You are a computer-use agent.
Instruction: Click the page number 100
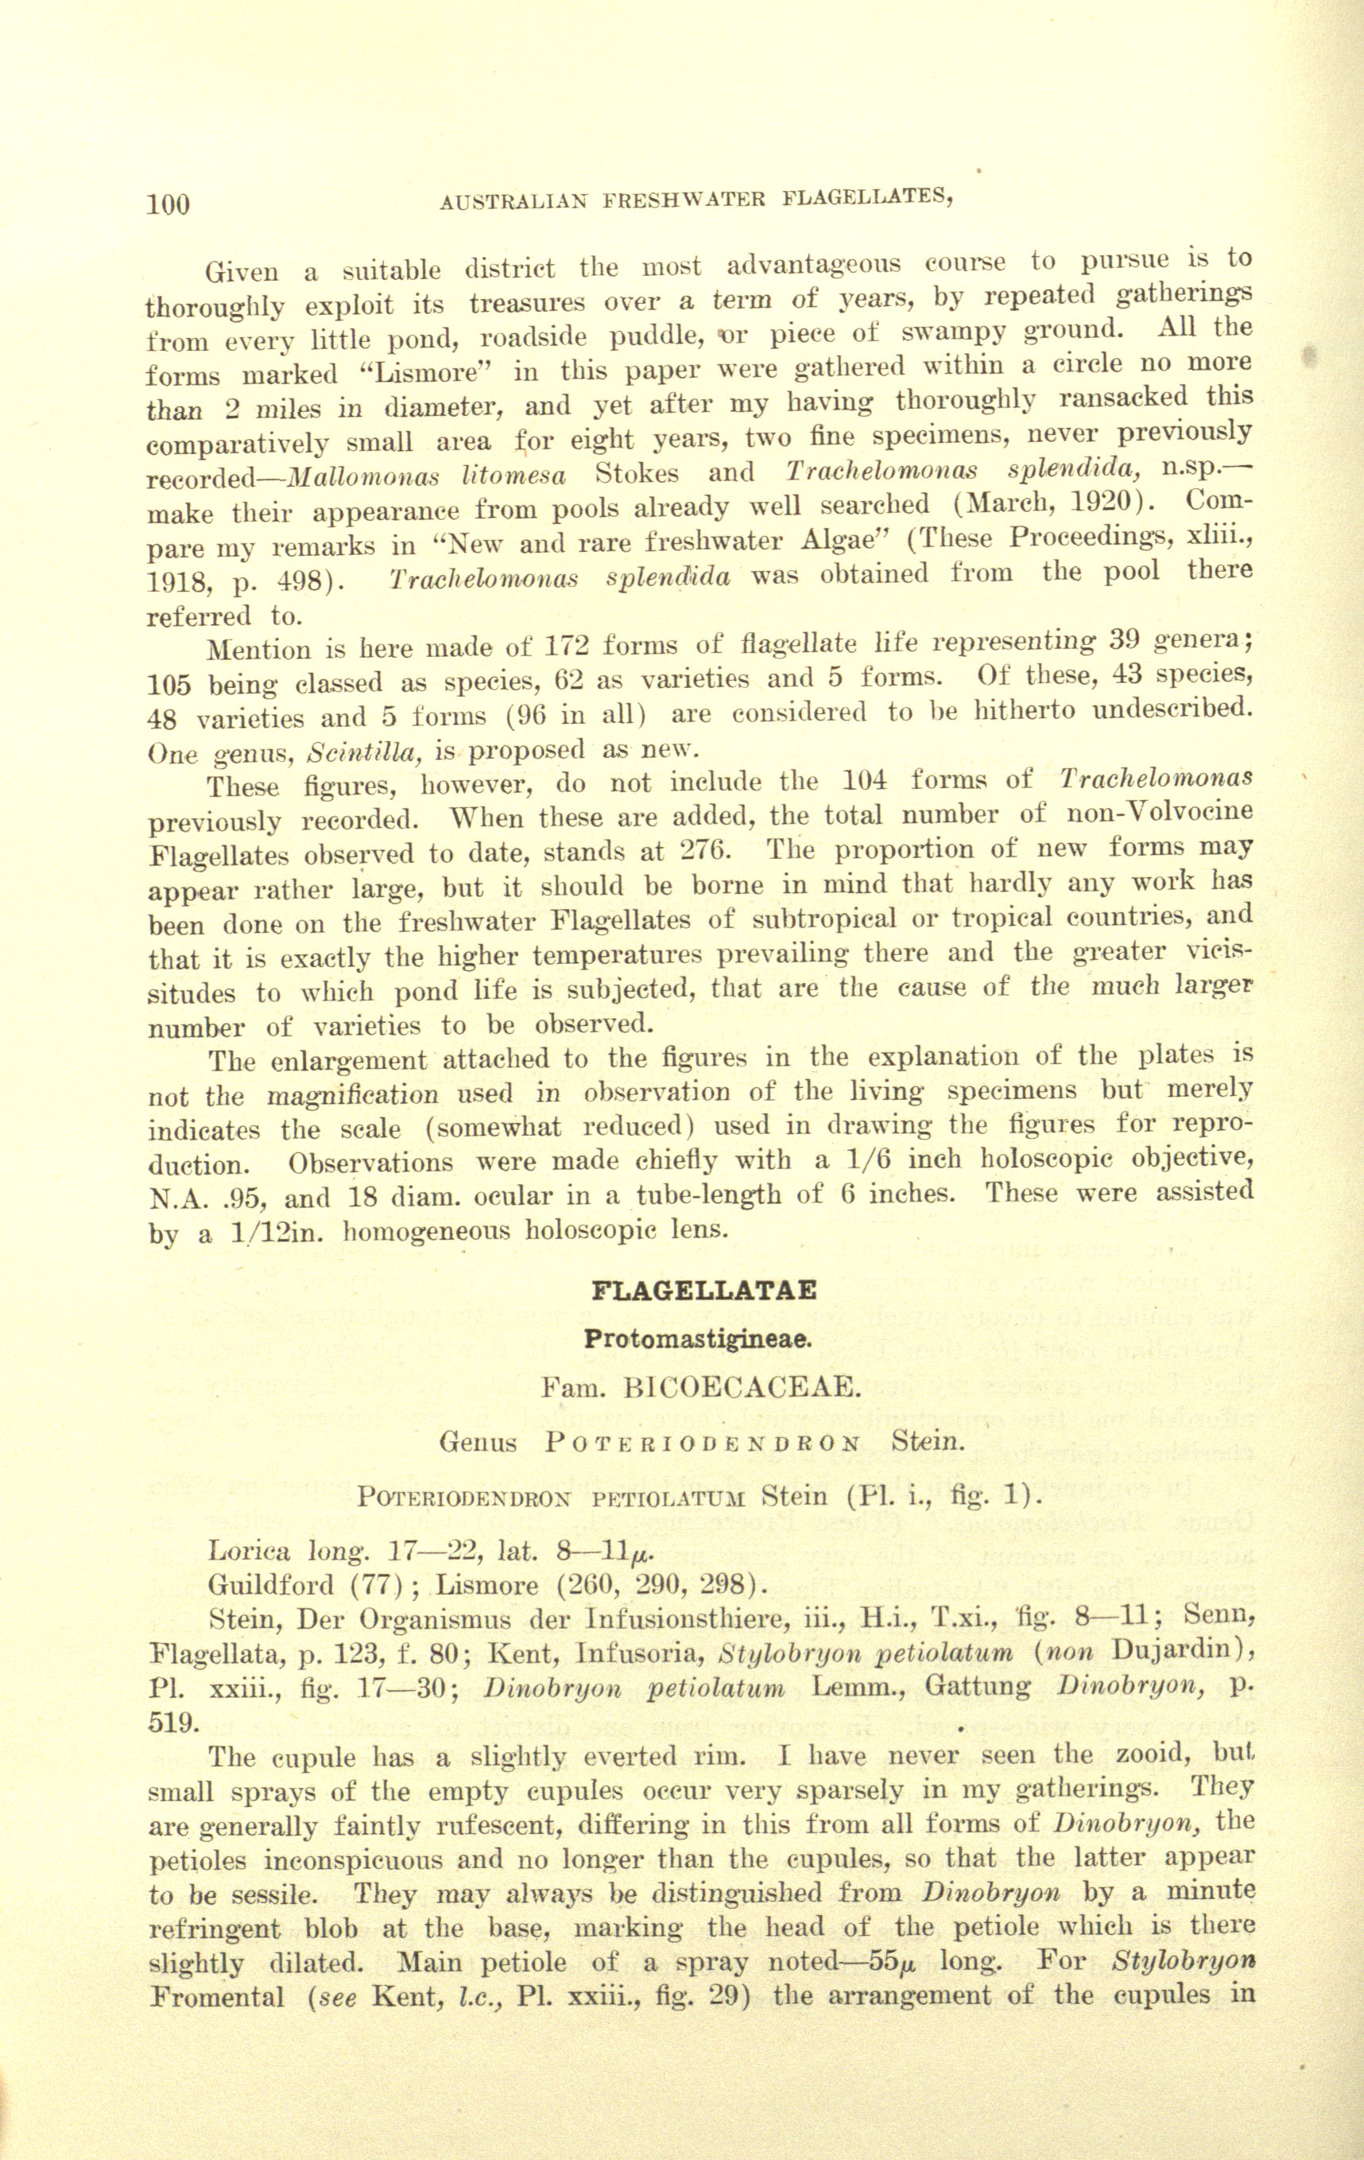[x=169, y=204]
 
